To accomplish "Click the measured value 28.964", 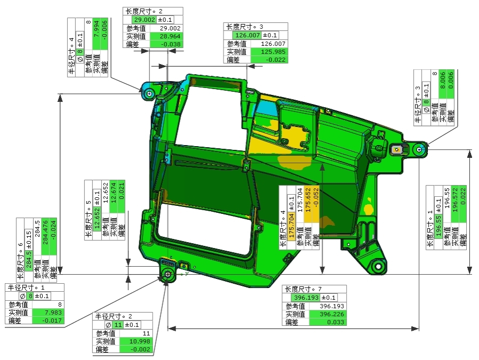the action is pos(170,36).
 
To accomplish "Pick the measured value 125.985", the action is pos(273,52).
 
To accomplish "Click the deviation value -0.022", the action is pos(275,60).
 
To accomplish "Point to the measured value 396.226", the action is pos(332,314).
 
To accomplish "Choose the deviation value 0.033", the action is pos(336,322).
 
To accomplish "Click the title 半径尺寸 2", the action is pos(114,316).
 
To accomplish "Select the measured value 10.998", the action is pos(140,341).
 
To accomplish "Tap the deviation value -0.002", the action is pos(140,349).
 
